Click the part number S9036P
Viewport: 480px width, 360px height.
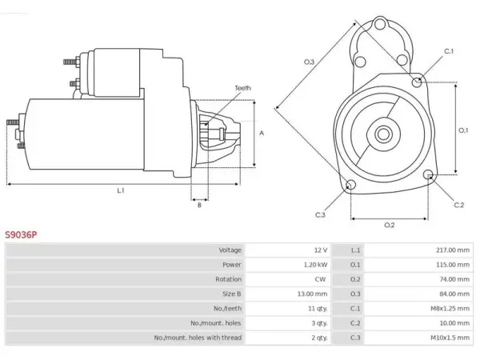[21, 234]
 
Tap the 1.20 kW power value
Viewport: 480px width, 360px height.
[315, 265]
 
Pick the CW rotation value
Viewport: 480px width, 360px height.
[320, 279]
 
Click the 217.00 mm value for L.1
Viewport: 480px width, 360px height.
[453, 250]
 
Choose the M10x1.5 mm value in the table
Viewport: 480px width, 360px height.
[450, 338]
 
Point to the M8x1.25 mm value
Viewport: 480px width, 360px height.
[450, 308]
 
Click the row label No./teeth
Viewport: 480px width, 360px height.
[227, 308]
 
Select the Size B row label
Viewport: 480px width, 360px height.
[232, 294]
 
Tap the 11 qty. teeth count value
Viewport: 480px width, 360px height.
[318, 309]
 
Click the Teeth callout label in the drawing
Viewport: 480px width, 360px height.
[242, 88]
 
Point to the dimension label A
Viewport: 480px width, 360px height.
[262, 133]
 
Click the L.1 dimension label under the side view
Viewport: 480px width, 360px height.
[121, 190]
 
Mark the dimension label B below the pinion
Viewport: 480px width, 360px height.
[199, 205]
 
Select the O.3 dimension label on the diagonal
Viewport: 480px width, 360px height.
[309, 62]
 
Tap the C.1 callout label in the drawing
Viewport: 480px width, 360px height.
[449, 51]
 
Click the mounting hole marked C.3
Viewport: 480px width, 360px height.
[350, 185]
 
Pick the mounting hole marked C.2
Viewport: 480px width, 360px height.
[429, 174]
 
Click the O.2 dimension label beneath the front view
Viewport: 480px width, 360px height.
[390, 225]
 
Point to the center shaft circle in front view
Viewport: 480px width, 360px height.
[383, 134]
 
